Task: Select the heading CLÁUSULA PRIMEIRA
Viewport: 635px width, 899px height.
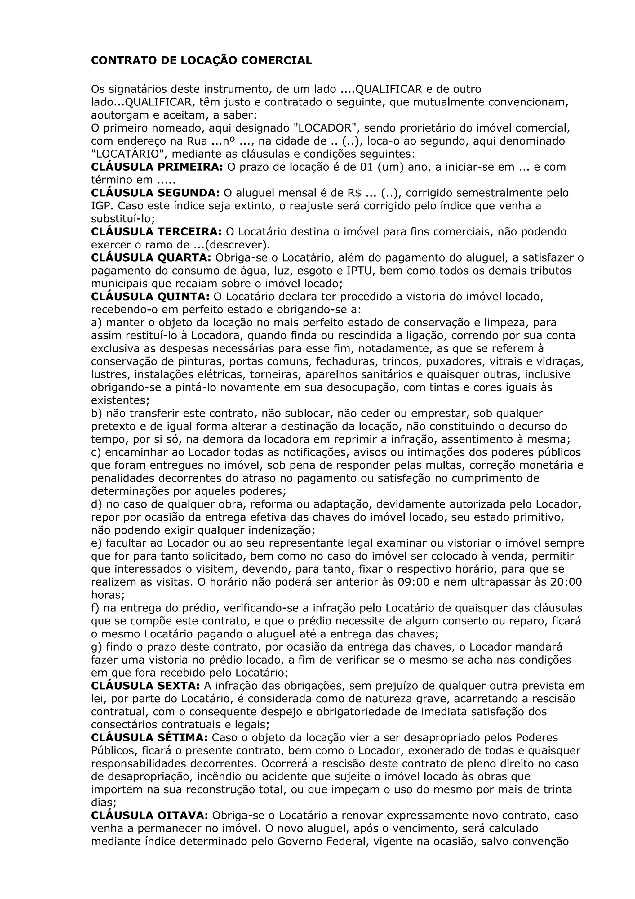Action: coord(157,167)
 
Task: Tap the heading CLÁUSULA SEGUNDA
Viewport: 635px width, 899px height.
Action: coord(155,193)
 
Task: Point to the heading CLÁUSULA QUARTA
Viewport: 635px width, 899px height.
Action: coord(151,258)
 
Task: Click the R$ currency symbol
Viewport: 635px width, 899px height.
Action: coord(354,193)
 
